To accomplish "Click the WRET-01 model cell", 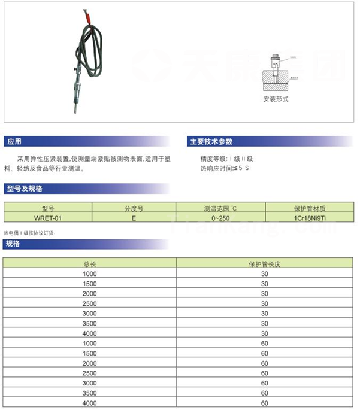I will click(47, 218).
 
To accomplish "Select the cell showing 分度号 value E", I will click(133, 218).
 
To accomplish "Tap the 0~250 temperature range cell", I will click(220, 218).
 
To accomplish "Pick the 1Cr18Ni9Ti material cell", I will click(310, 218).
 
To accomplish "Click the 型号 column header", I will click(47, 209).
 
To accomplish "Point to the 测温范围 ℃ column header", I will click(220, 209).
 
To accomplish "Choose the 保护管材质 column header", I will click(310, 209).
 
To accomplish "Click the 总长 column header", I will click(89, 263).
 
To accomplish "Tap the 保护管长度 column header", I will click(265, 263).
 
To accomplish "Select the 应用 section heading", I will click(14, 142).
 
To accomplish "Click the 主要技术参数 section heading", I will click(211, 142).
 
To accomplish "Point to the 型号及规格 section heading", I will click(25, 189).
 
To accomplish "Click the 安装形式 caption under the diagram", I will click(276, 99).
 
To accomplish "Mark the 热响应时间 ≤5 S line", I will click(224, 168).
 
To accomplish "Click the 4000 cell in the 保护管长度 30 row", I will click(89, 333).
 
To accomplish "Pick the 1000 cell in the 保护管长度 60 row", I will click(89, 343).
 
